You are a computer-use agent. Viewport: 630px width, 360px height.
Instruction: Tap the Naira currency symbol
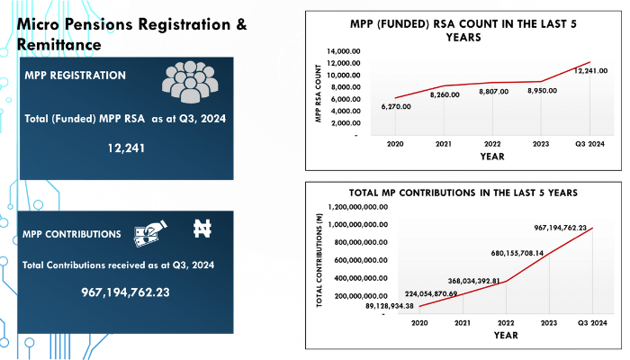tap(202, 229)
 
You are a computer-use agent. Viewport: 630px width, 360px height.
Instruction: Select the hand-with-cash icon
tap(148, 232)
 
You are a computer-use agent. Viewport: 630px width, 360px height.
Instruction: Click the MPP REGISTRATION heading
tap(76, 76)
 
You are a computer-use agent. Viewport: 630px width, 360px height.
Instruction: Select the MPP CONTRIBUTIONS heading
tap(73, 234)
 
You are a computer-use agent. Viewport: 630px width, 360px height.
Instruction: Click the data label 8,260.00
tap(445, 94)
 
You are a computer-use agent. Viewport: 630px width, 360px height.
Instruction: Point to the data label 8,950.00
tap(542, 91)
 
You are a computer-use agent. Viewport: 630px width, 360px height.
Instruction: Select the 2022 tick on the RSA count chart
tap(492, 143)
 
